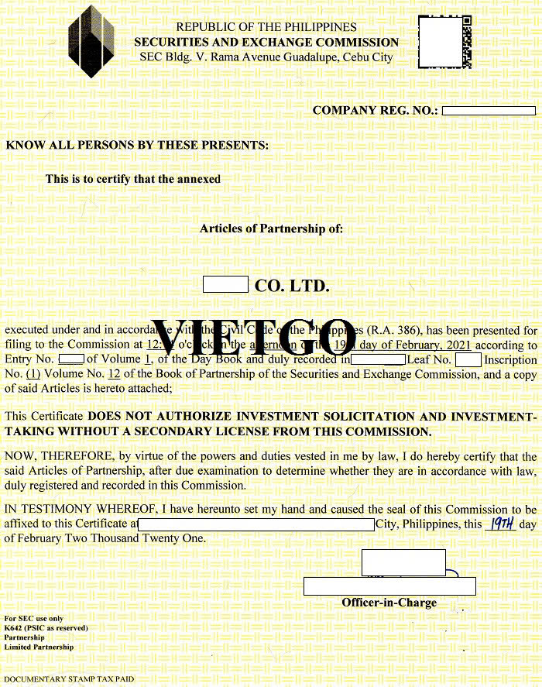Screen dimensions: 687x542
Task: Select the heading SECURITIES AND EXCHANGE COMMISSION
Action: pyautogui.click(x=266, y=43)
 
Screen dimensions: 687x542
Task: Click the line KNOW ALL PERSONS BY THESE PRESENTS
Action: pyautogui.click(x=137, y=145)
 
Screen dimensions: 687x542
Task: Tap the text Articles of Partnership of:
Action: pyautogui.click(x=271, y=228)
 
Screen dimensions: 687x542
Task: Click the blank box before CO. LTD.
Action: pyautogui.click(x=225, y=284)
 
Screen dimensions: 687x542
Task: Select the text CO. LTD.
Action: pyautogui.click(x=292, y=286)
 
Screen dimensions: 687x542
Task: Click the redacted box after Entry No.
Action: pyautogui.click(x=71, y=359)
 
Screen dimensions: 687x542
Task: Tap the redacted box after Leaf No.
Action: pyautogui.click(x=468, y=359)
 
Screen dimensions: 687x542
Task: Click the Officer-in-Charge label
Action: pyautogui.click(x=389, y=603)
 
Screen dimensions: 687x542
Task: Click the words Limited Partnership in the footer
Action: pyautogui.click(x=39, y=647)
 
